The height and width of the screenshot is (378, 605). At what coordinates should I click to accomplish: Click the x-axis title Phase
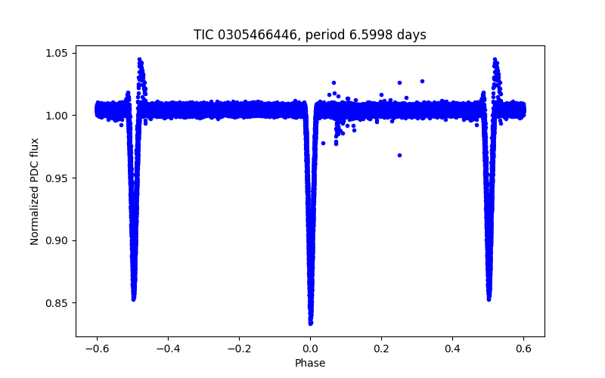point(310,363)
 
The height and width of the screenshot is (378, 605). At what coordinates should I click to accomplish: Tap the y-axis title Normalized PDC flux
point(35,185)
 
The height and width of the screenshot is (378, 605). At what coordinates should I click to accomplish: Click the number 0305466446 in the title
point(255,35)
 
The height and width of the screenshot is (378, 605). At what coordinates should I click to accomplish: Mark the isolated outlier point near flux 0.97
point(399,155)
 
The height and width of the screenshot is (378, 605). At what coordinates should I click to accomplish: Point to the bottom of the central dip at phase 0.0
point(310,323)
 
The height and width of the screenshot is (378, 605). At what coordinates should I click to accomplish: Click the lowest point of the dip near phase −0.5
point(133,299)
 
